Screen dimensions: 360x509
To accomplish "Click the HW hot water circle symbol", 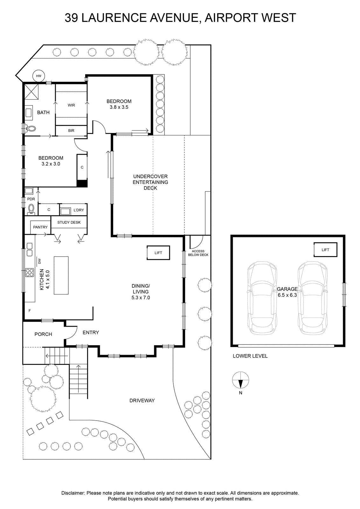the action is pyautogui.click(x=38, y=76).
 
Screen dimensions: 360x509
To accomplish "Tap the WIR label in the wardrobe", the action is pyautogui.click(x=71, y=105).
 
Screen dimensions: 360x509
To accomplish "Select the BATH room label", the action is pyautogui.click(x=43, y=113).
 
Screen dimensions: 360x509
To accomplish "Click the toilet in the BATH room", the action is pyautogui.click(x=31, y=129).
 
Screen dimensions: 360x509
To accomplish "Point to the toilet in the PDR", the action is pyautogui.click(x=31, y=209).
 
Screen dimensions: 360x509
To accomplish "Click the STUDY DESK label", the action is pyautogui.click(x=69, y=222).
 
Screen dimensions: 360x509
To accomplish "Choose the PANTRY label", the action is pyautogui.click(x=40, y=227).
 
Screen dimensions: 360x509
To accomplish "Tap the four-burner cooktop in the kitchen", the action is pyautogui.click(x=30, y=273).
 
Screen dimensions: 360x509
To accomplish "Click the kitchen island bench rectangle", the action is pyautogui.click(x=61, y=275).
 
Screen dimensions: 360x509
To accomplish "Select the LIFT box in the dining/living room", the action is pyautogui.click(x=158, y=253).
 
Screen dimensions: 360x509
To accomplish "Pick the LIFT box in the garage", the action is pyautogui.click(x=325, y=250).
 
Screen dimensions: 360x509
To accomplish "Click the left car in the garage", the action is pyautogui.click(x=262, y=299).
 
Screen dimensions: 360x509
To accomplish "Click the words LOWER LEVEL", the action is pyautogui.click(x=250, y=356).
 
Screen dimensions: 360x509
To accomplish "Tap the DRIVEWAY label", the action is pyautogui.click(x=142, y=401).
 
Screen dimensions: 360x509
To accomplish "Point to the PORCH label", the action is pyautogui.click(x=43, y=334).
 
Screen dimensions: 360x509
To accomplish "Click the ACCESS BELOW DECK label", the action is pyautogui.click(x=198, y=253).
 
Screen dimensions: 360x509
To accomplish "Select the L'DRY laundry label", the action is pyautogui.click(x=79, y=210).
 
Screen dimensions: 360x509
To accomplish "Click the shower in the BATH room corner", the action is pyautogui.click(x=31, y=92).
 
